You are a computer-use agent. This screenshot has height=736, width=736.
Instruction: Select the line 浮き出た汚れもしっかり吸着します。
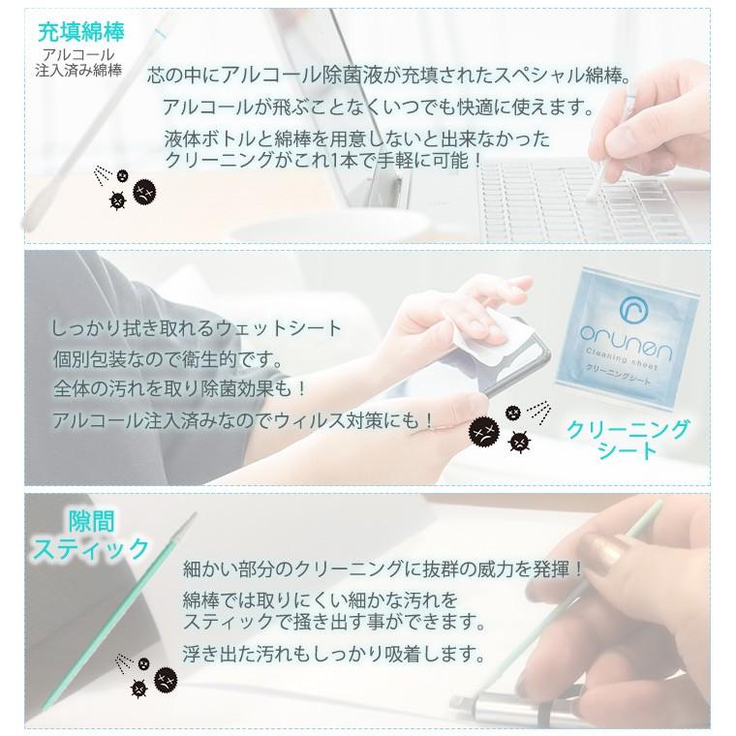point(332,653)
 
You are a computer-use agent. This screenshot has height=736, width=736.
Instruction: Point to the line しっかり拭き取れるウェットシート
point(197,328)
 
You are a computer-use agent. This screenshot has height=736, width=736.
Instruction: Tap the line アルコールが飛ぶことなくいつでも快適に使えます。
point(378,107)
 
